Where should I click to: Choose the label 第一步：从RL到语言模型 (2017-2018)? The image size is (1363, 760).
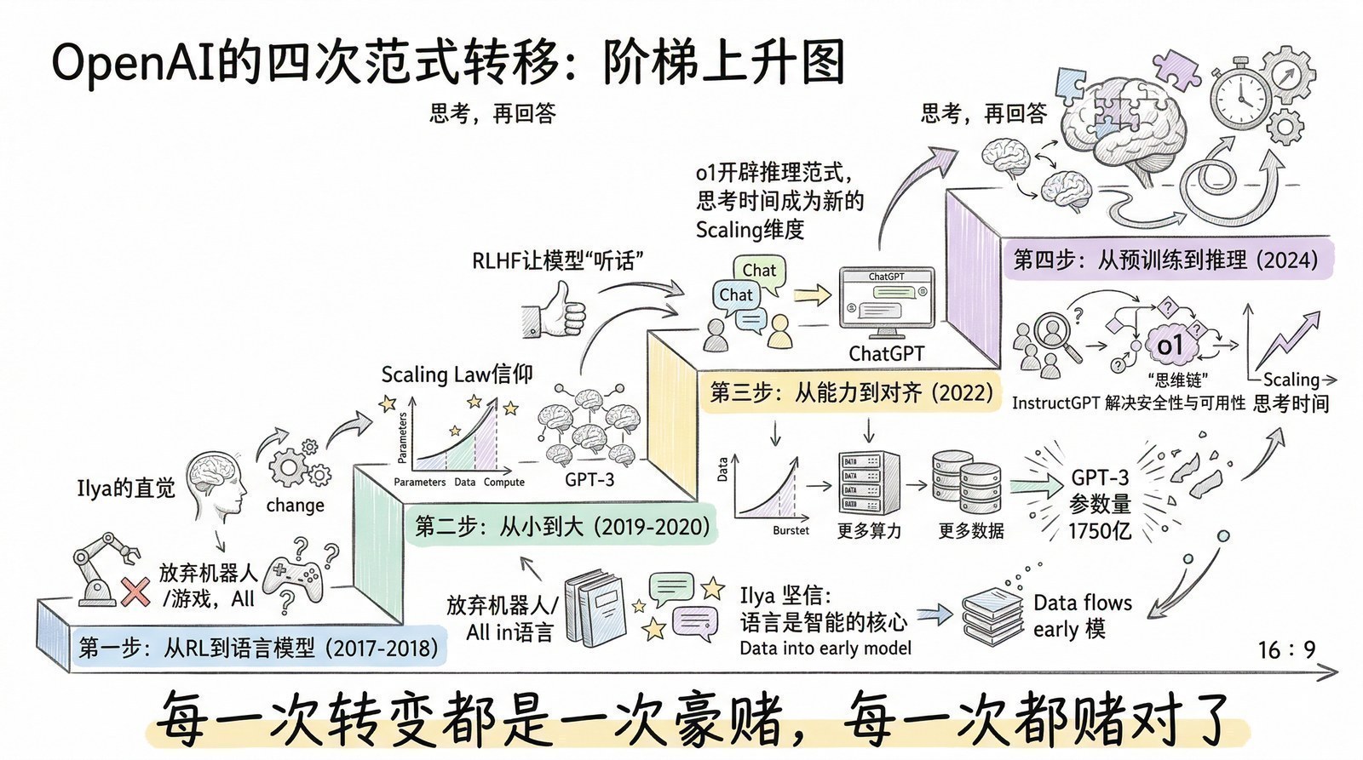[258, 649]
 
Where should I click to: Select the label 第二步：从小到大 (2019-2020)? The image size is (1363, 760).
[562, 526]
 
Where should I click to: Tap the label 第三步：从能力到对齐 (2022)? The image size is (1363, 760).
[850, 392]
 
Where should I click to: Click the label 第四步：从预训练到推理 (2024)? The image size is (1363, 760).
[1165, 260]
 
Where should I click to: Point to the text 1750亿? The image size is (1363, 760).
[1099, 531]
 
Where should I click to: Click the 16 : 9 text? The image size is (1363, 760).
[1286, 650]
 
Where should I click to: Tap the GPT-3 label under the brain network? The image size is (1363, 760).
[589, 479]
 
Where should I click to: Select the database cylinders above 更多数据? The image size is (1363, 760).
[967, 483]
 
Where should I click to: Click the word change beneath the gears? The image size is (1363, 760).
[295, 505]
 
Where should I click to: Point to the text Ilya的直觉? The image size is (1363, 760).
[125, 488]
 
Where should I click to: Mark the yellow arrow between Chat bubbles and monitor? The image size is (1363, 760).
[812, 295]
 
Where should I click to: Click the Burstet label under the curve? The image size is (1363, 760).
[791, 530]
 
